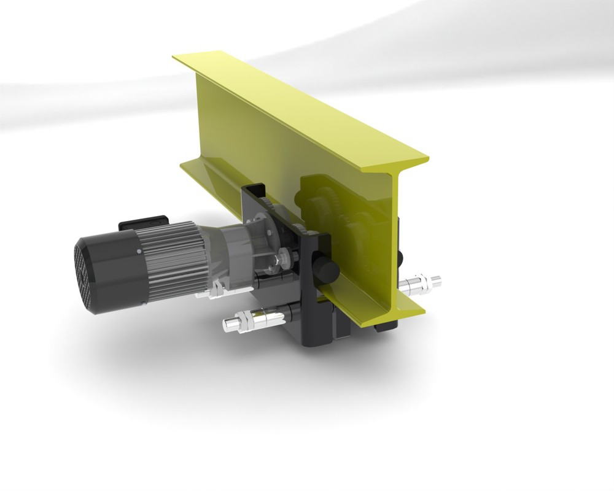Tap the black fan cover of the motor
117,270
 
